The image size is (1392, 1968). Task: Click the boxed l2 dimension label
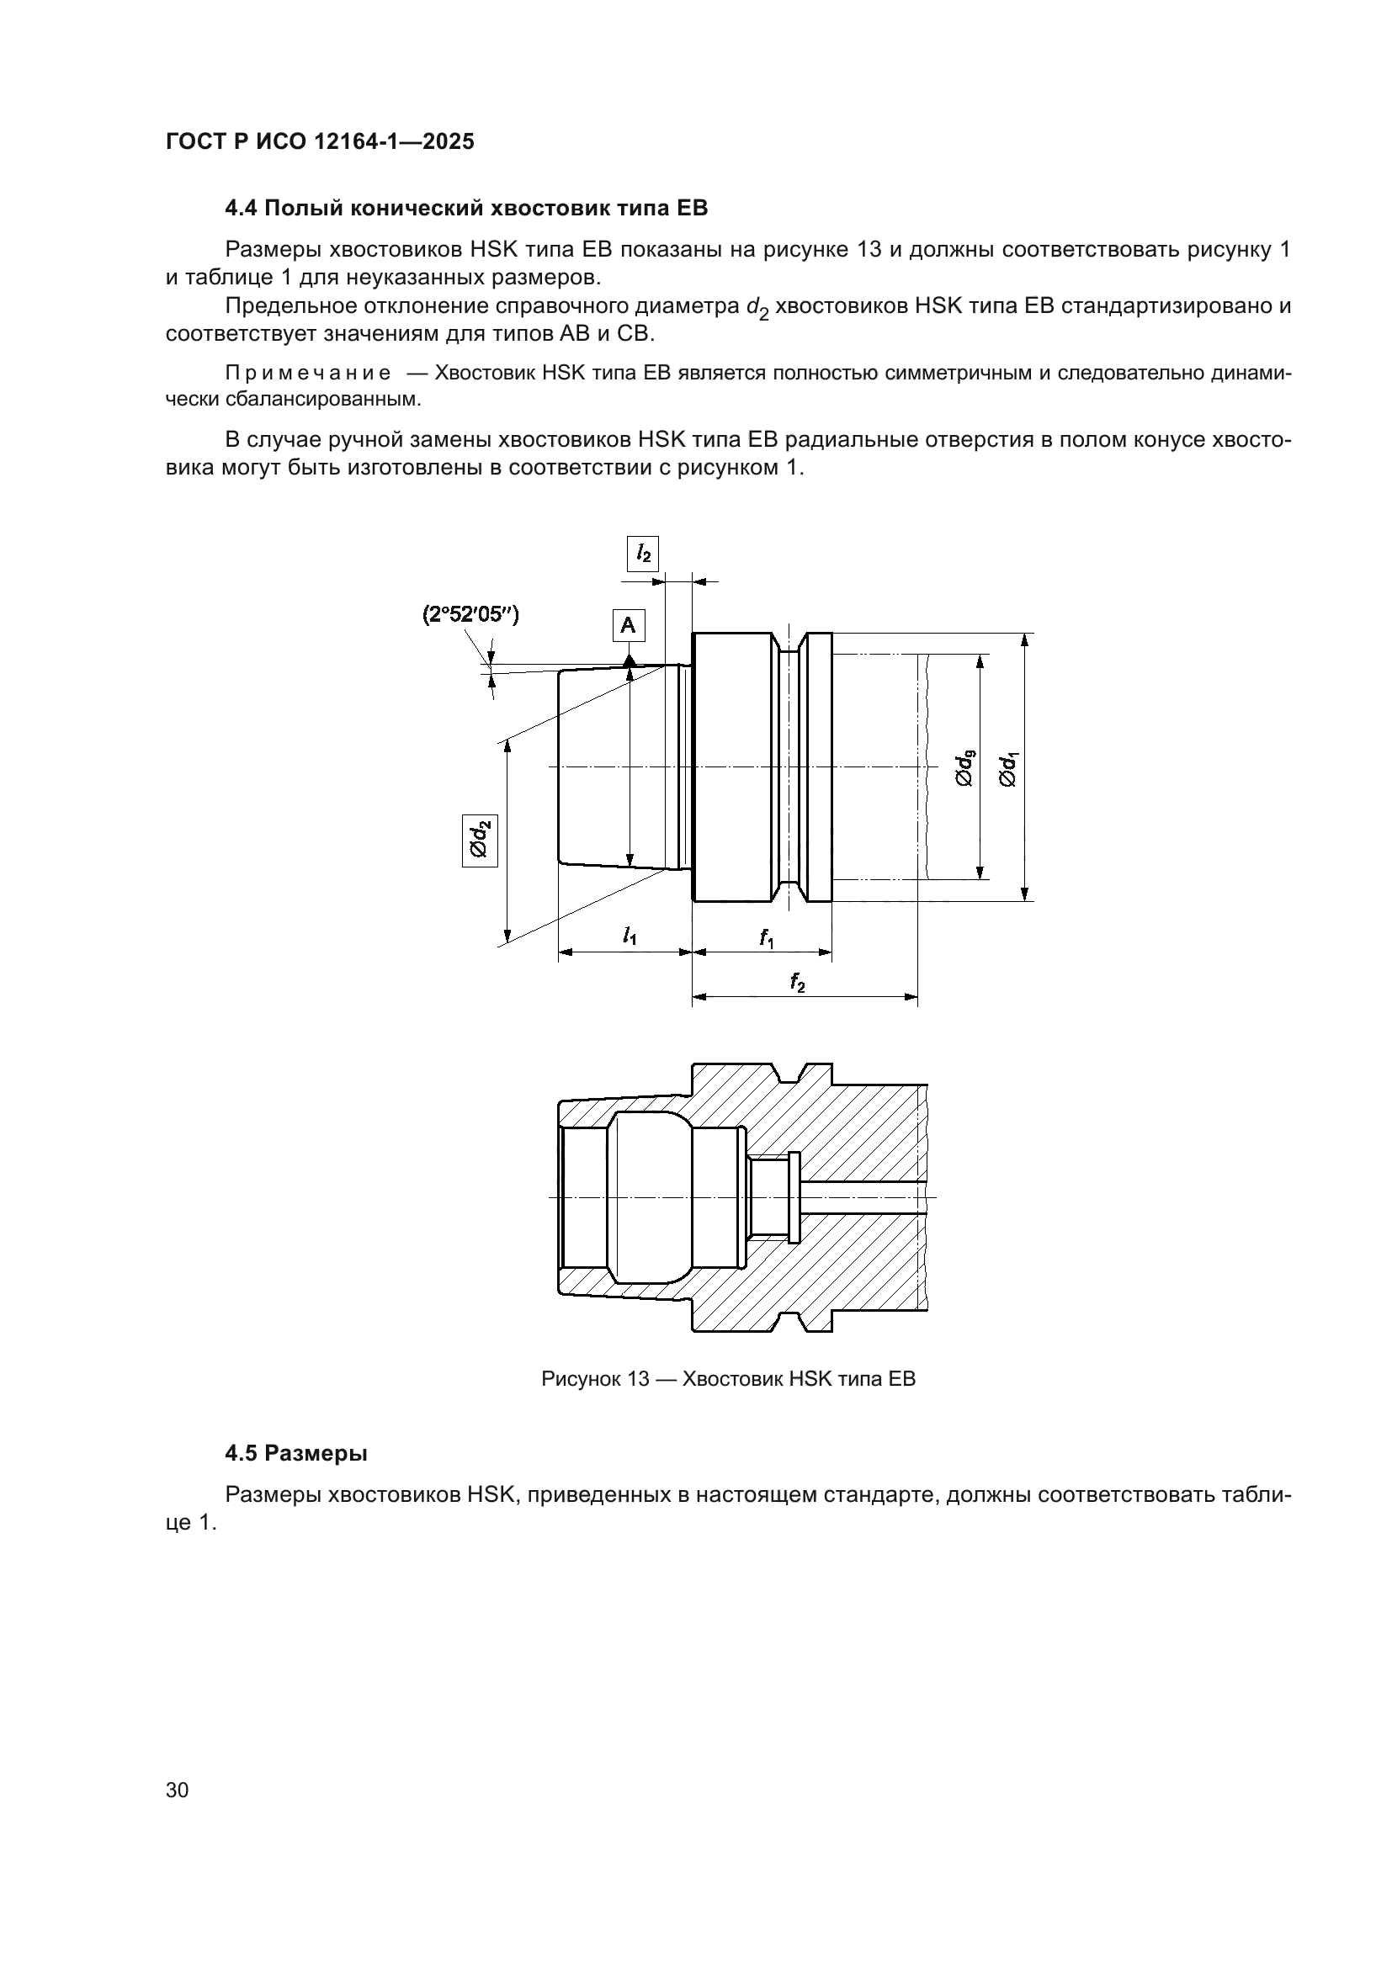643,554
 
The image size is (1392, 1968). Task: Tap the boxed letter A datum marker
629,626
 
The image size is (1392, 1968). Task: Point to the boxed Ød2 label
480,840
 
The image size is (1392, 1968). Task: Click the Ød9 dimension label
964,767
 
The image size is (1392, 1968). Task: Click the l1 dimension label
630,936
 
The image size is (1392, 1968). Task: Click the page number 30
178,1790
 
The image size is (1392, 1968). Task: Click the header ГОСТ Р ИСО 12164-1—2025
320,142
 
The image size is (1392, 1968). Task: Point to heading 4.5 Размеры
295,1453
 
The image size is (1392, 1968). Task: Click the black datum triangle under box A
630,660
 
